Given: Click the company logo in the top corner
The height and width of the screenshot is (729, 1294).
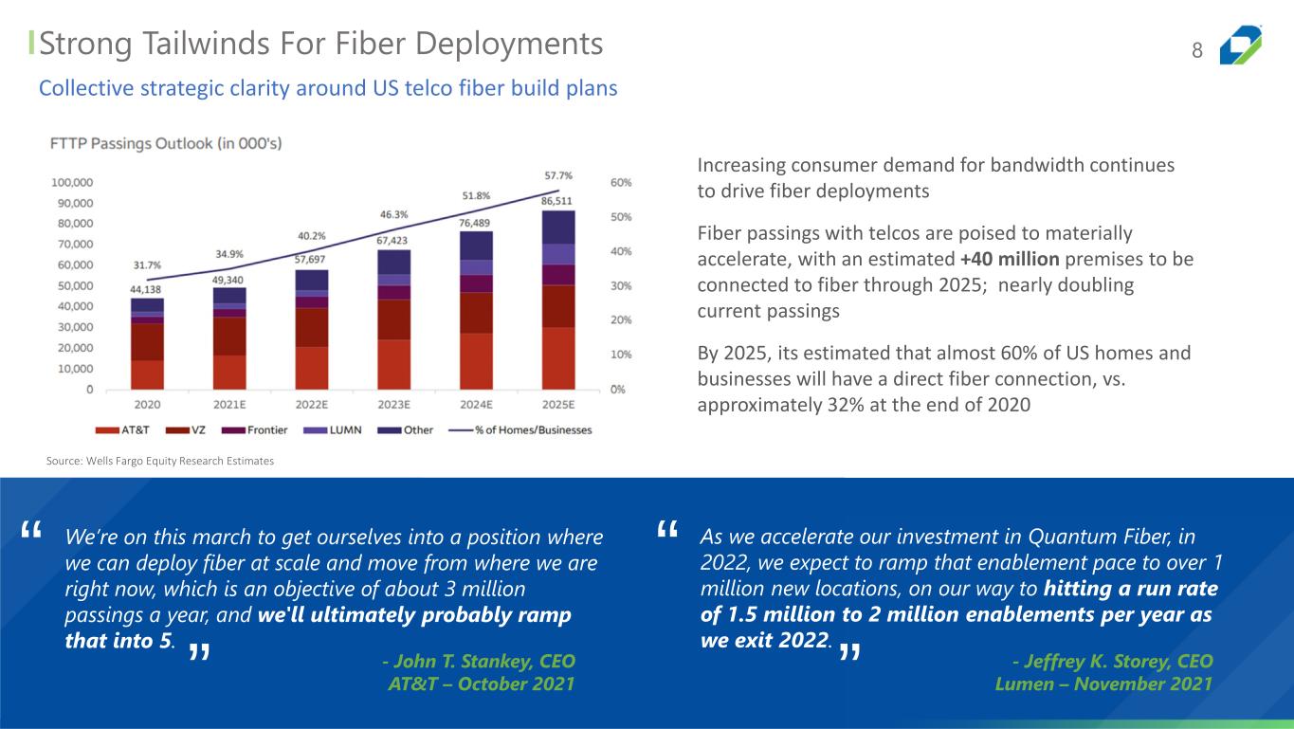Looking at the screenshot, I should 1240,46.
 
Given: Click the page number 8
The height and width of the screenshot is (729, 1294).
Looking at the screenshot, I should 1197,51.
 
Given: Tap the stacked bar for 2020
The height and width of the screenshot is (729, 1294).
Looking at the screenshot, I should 147,343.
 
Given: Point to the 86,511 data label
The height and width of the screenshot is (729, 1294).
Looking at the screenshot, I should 557,201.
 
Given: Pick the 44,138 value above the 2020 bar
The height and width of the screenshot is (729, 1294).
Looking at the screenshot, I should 147,287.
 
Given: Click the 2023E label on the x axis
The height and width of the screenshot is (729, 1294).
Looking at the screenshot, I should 393,404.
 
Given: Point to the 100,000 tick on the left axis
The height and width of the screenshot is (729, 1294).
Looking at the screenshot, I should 72,182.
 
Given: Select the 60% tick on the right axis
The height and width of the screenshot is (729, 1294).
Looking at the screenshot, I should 620,182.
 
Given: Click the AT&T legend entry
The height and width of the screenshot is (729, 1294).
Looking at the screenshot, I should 126,429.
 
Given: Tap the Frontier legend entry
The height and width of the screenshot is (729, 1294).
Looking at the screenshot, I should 261,429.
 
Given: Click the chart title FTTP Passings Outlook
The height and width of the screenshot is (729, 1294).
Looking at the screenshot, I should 166,144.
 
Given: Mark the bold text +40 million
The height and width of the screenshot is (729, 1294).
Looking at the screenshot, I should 1010,259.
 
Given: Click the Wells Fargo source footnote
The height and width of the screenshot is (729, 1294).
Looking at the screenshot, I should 160,461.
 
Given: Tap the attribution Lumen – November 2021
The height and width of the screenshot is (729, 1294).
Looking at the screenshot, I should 1103,683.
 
